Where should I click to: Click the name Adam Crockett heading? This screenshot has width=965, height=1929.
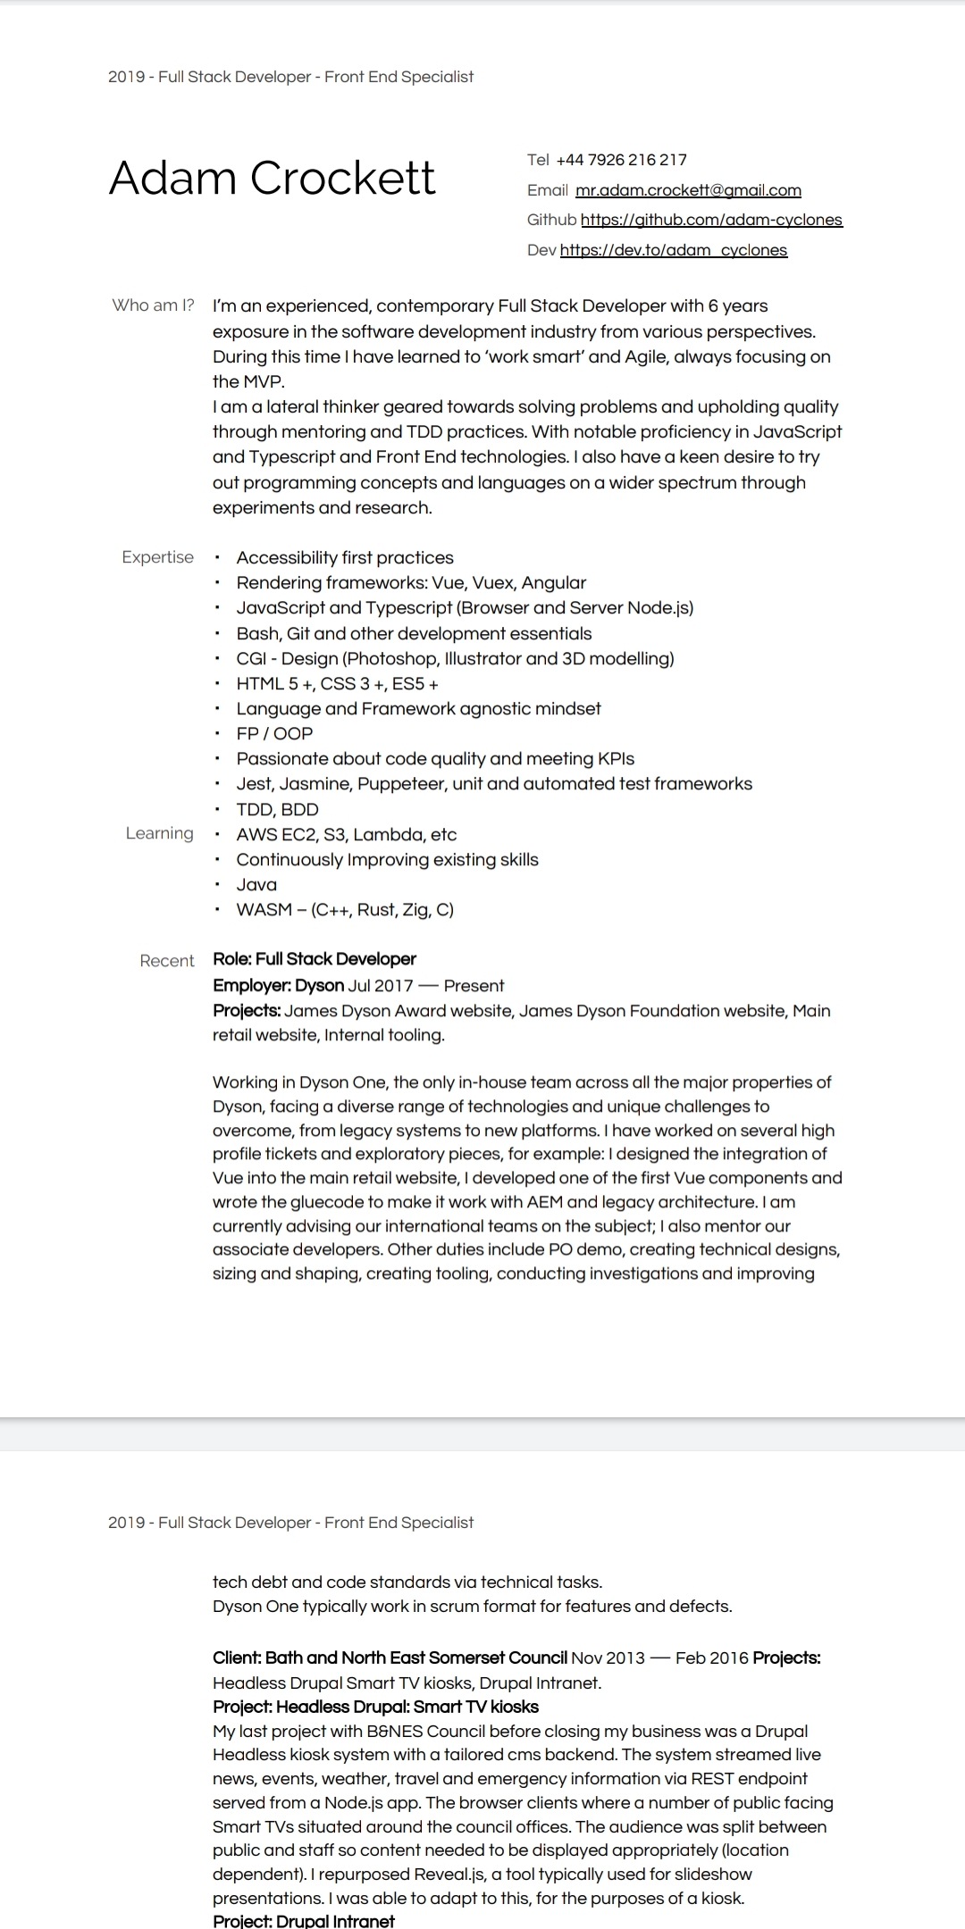(x=272, y=178)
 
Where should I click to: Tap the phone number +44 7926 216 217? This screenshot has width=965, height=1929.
(x=621, y=160)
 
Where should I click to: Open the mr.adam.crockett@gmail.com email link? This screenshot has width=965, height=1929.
(x=688, y=190)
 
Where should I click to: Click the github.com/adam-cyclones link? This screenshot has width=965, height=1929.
(x=711, y=220)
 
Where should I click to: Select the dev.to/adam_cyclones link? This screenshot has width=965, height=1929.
(x=674, y=250)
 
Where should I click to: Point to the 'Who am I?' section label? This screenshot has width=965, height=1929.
(x=153, y=305)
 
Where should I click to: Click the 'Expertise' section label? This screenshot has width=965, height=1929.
(x=157, y=557)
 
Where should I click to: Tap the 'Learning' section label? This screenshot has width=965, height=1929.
(x=159, y=833)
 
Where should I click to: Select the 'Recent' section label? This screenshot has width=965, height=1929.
(x=166, y=961)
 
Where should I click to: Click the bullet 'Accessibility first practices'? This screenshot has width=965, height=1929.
(x=345, y=557)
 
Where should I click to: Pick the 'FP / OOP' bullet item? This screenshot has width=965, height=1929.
(x=274, y=733)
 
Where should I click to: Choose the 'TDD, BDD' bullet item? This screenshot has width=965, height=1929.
(x=277, y=809)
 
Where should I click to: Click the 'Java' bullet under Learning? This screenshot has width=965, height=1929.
(x=256, y=884)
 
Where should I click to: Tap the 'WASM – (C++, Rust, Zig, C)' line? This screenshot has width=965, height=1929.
(x=345, y=909)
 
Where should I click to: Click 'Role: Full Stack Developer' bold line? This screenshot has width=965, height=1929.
(x=315, y=959)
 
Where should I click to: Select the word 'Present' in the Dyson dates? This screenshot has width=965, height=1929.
(x=474, y=986)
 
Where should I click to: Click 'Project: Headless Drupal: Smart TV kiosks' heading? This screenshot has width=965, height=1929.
(x=375, y=1707)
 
